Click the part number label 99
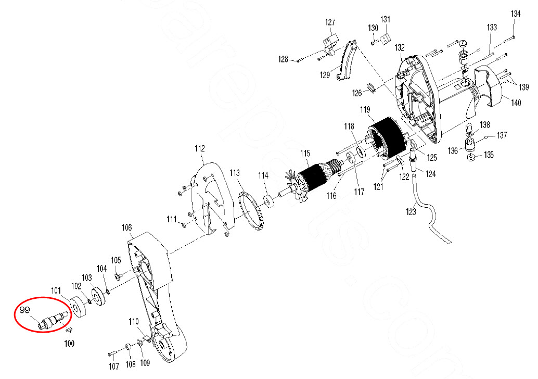click(24, 310)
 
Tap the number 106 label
click(126, 228)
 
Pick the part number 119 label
click(365, 110)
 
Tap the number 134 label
click(516, 14)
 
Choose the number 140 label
click(516, 103)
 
